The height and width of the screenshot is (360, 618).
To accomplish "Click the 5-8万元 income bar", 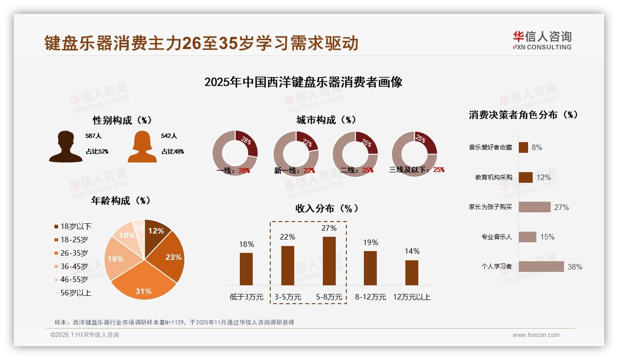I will click(x=329, y=261).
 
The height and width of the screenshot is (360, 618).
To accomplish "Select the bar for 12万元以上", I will click(x=412, y=272).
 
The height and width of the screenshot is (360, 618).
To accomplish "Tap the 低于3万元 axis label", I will click(x=246, y=297).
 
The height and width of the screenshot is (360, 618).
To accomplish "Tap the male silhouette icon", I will click(x=66, y=146).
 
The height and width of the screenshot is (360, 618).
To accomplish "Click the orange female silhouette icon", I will click(x=142, y=146).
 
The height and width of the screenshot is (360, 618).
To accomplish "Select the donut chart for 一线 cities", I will click(x=235, y=153).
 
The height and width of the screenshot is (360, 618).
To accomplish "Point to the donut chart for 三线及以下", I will click(x=414, y=153).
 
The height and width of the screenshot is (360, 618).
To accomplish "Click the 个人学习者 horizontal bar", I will click(x=541, y=266).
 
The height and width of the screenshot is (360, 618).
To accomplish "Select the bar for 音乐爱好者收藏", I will click(x=523, y=147).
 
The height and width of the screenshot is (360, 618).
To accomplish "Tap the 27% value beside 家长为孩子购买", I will click(x=561, y=207).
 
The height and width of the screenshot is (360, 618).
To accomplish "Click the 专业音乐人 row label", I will click(x=496, y=237).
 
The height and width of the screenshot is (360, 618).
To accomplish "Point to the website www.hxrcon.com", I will click(x=536, y=335).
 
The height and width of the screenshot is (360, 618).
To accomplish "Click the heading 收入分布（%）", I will click(x=327, y=208).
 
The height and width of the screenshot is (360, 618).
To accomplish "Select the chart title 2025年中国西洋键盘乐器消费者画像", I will click(x=303, y=82).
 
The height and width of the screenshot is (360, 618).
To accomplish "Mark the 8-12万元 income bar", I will click(x=370, y=268).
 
